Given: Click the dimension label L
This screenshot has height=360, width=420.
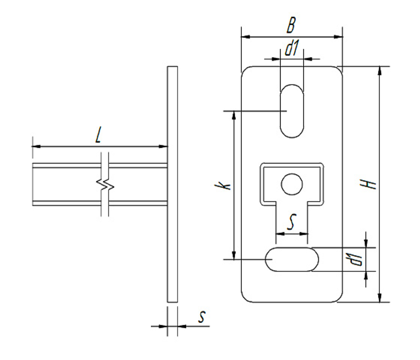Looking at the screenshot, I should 98,135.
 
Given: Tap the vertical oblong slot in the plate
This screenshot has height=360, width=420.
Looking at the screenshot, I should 292,110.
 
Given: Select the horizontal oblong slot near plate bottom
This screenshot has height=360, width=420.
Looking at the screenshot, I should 292,259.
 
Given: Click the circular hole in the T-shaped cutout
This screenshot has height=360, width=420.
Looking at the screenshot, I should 292,184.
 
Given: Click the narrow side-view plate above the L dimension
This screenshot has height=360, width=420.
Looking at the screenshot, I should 172,105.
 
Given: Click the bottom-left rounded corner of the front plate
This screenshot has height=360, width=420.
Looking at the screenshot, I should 245,298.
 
